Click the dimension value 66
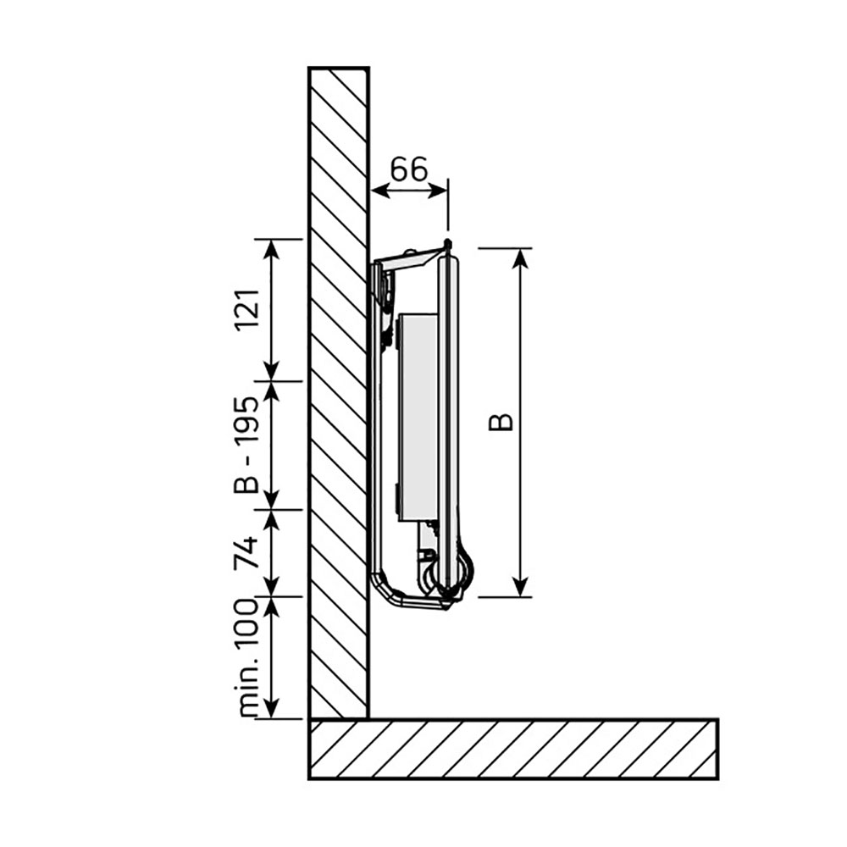408,169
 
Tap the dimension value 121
246,309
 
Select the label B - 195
246,445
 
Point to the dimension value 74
246,553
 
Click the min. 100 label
246,658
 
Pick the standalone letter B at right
502,421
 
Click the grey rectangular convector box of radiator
416,415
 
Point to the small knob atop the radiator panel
446,244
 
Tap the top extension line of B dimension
505,247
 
